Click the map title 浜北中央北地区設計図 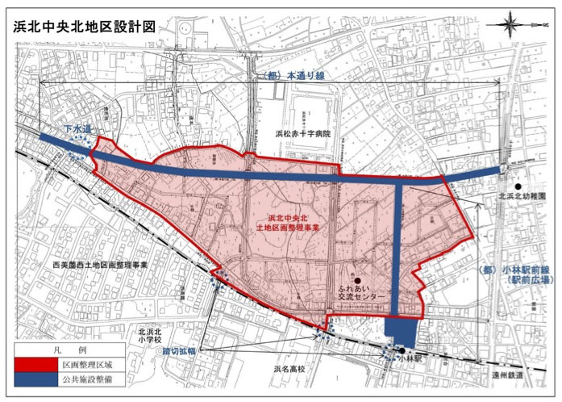tap(84, 26)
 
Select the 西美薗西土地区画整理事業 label tap(90, 265)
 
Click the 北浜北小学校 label tap(152, 336)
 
